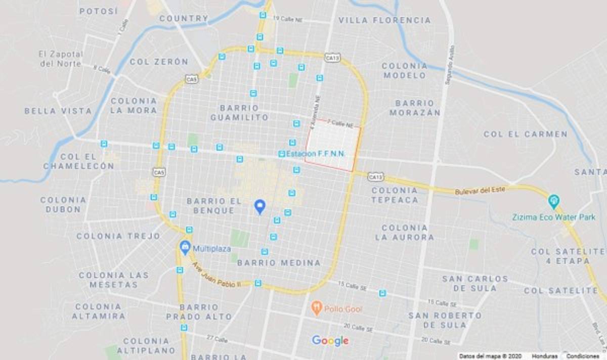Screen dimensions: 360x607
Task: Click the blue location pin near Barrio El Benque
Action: (x=259, y=206)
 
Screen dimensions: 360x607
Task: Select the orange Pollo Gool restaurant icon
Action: (x=317, y=308)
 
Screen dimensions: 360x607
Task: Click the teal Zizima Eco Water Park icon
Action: (x=554, y=201)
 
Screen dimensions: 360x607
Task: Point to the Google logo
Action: (x=330, y=341)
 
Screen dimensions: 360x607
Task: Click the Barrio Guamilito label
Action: (x=240, y=112)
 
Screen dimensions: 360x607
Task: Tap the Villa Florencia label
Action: (x=384, y=20)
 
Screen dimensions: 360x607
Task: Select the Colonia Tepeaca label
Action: (x=395, y=195)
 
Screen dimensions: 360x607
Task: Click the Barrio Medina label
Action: (x=279, y=263)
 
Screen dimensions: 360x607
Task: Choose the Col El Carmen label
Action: (x=526, y=134)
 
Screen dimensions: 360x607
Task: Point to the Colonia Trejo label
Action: (x=118, y=236)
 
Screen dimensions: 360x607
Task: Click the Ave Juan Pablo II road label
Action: (x=215, y=275)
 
